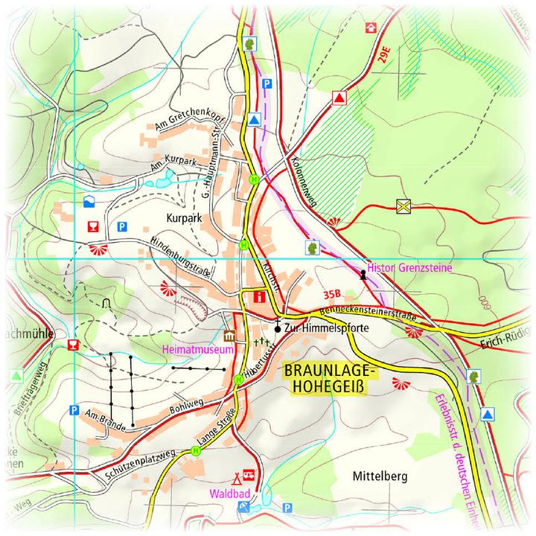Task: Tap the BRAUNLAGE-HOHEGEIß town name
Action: pos(331,378)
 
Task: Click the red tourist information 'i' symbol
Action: pos(259,296)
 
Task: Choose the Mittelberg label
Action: pos(380,477)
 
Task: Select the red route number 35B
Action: pos(334,294)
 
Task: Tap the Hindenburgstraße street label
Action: pos(181,258)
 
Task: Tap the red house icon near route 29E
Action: pos(370,28)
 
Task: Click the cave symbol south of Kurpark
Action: pos(106,302)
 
